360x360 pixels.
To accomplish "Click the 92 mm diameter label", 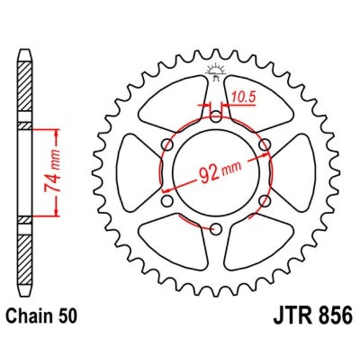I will [x=217, y=175].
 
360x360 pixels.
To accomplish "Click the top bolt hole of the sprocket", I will [x=215, y=117].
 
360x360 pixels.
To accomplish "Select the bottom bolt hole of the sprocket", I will [x=215, y=229].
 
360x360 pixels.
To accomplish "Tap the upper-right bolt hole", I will [x=264, y=145].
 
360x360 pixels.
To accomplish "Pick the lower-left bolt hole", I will [x=166, y=201].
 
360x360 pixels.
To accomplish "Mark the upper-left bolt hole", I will [x=166, y=145].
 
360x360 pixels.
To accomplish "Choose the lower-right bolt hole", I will [x=264, y=201].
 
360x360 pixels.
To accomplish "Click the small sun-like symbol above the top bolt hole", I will [x=215, y=70].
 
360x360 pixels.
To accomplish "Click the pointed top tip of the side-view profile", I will [x=25, y=52].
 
